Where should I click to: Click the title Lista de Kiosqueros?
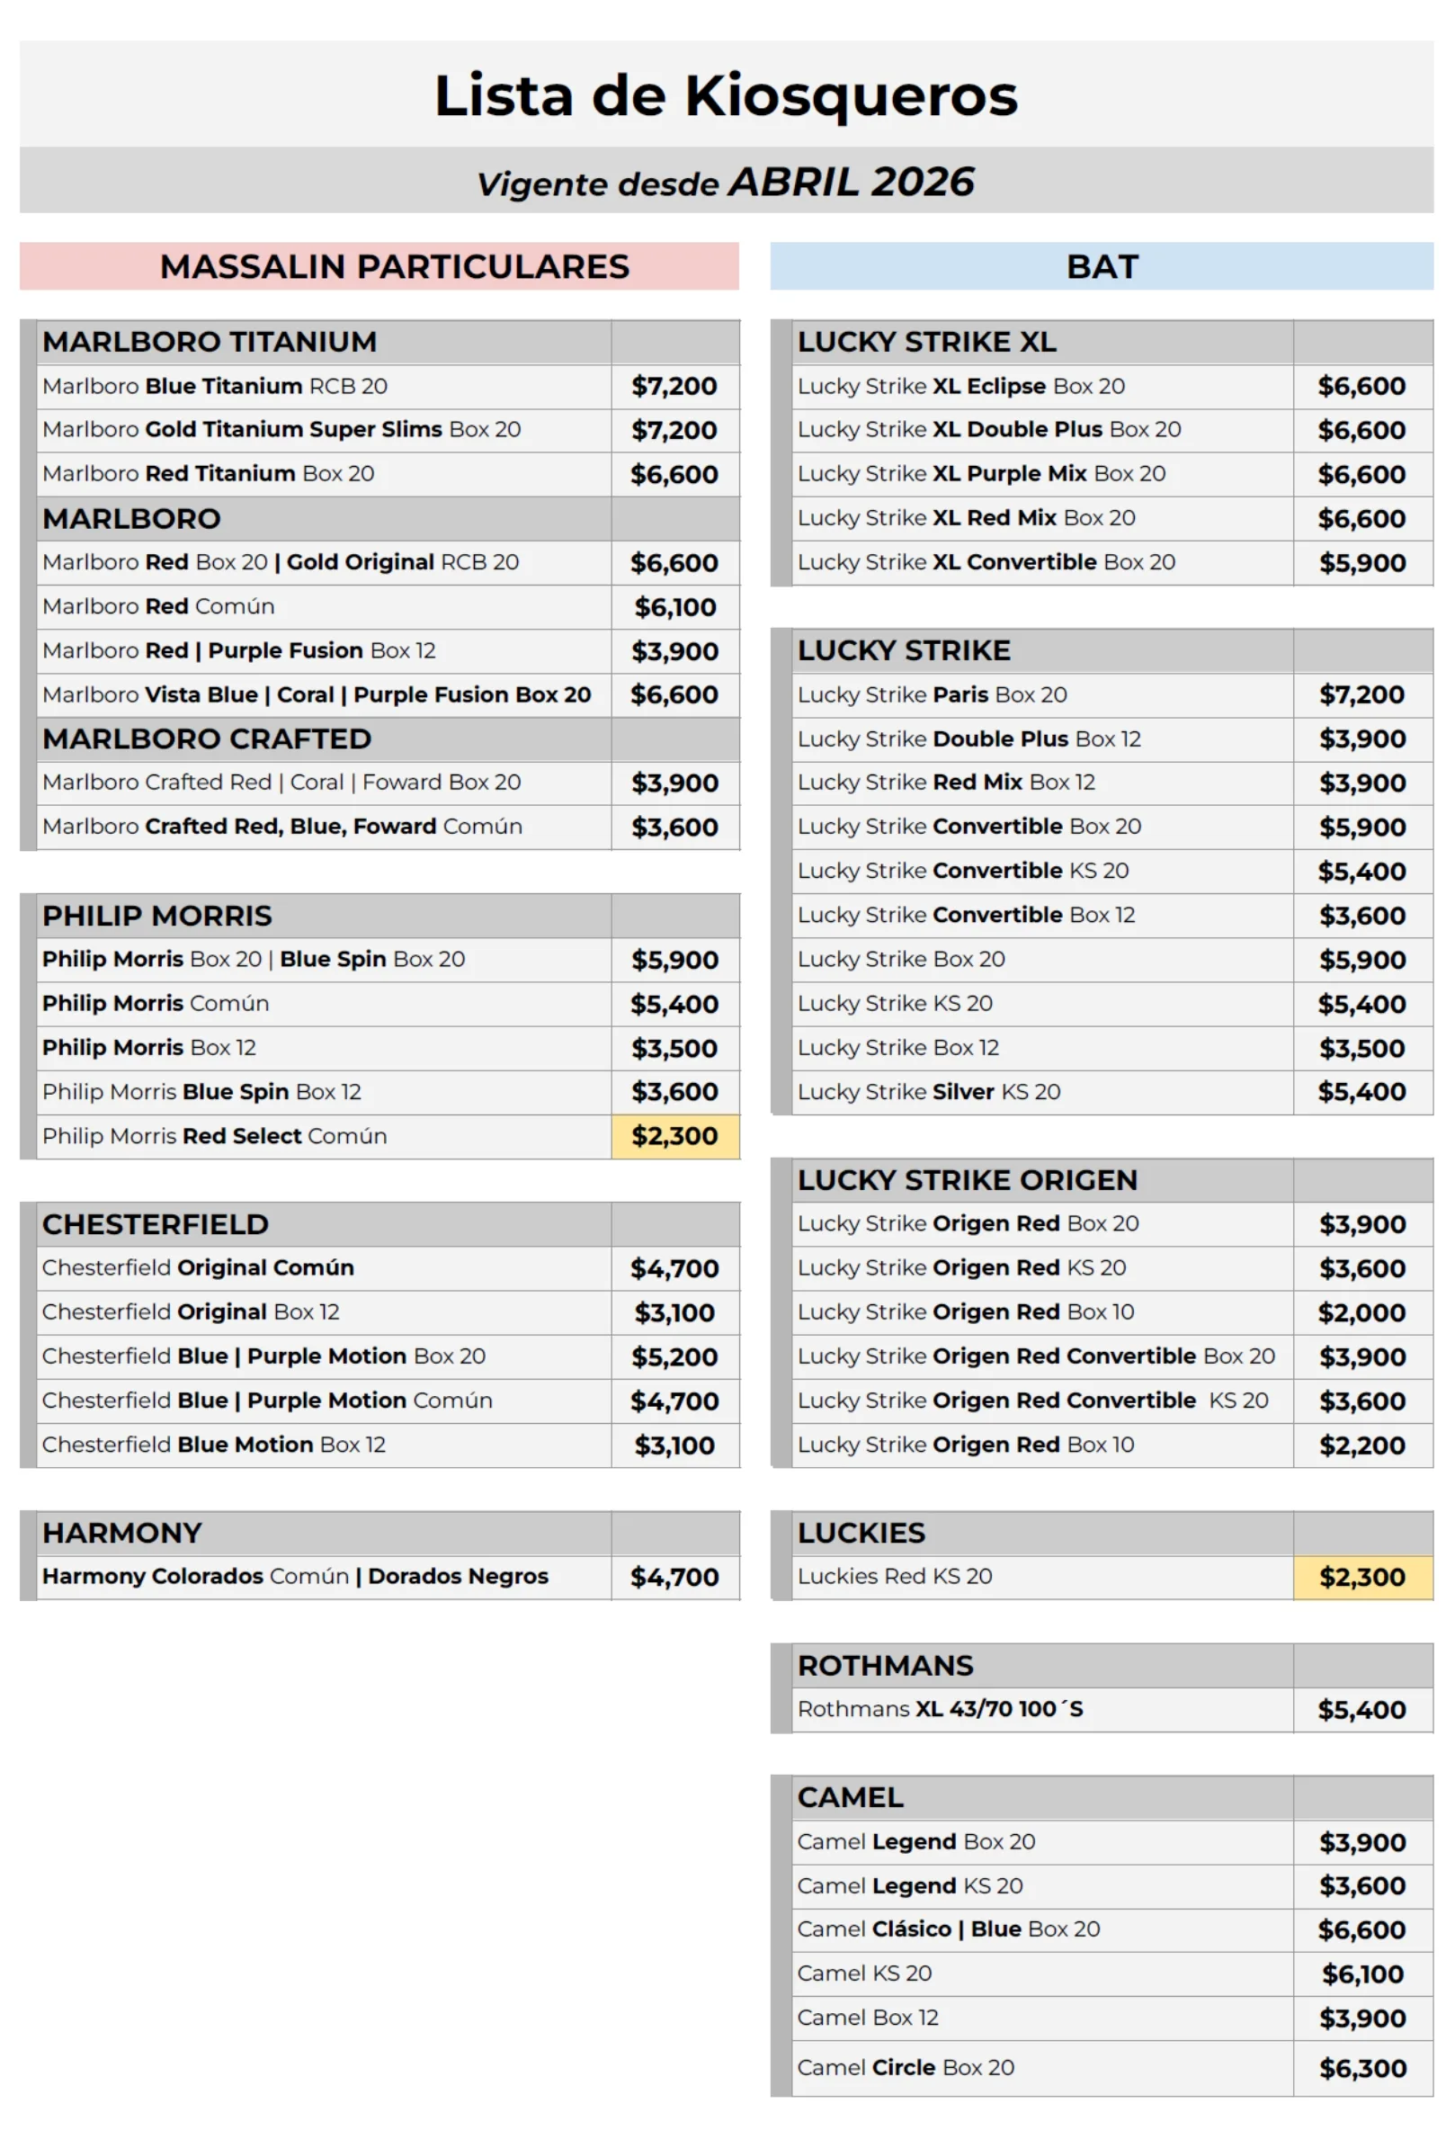pyautogui.click(x=726, y=94)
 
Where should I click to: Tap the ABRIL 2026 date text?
pyautogui.click(x=851, y=183)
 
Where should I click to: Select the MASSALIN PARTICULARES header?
pyautogui.click(x=394, y=266)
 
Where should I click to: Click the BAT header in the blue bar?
pyautogui.click(x=1102, y=266)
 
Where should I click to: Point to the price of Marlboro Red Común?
pyautogui.click(x=674, y=606)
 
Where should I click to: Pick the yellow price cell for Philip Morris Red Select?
pyautogui.click(x=674, y=1136)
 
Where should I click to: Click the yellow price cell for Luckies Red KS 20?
pyautogui.click(x=1361, y=1577)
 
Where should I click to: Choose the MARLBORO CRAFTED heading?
pyautogui.click(x=207, y=738)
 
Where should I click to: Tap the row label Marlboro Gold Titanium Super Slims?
pyautogui.click(x=281, y=429)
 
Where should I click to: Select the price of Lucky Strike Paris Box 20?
pyautogui.click(x=1361, y=695)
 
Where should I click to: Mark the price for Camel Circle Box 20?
pyautogui.click(x=1361, y=2068)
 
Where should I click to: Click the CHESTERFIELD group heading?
pyautogui.click(x=156, y=1224)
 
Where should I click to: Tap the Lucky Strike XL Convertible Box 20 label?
pyautogui.click(x=986, y=561)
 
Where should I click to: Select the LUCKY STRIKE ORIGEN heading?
pyautogui.click(x=968, y=1180)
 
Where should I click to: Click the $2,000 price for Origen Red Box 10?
pyautogui.click(x=1361, y=1312)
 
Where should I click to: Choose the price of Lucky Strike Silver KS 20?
pyautogui.click(x=1361, y=1092)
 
